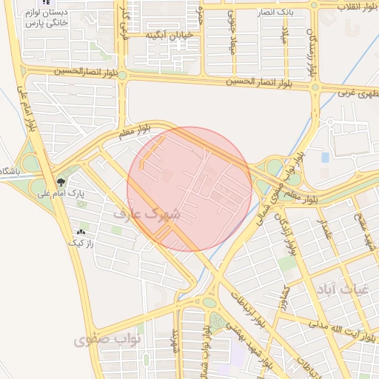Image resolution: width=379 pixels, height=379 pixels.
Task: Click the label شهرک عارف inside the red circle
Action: pos(148,212)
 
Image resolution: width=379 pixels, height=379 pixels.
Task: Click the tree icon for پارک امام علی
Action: pos(61,181)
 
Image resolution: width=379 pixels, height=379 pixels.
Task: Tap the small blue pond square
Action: pos(325,158)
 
